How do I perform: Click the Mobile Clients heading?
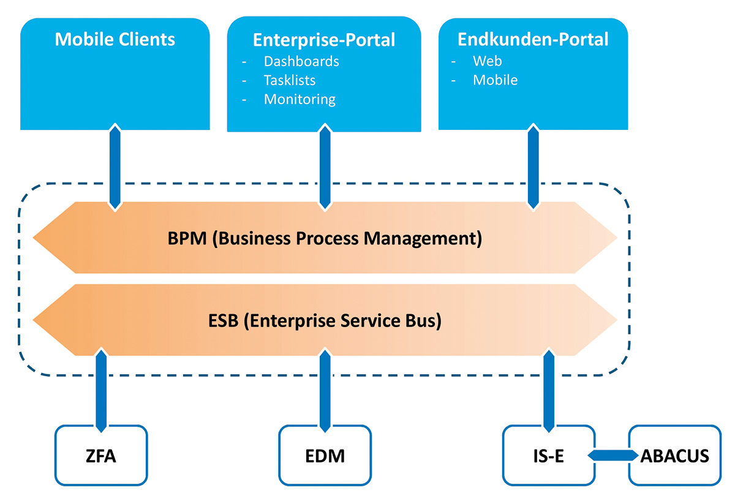click(x=115, y=39)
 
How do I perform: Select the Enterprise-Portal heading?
click(x=324, y=40)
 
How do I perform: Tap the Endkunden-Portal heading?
click(x=533, y=39)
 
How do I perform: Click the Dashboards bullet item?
click(x=301, y=61)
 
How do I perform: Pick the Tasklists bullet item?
click(x=289, y=80)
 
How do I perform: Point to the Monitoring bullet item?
click(x=300, y=99)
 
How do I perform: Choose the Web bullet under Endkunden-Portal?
click(x=488, y=61)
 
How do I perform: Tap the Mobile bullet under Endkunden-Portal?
click(x=495, y=80)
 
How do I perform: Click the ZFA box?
click(x=101, y=455)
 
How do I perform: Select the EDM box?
click(x=325, y=455)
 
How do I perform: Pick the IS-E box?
click(x=549, y=455)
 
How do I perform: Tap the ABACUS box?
click(x=674, y=455)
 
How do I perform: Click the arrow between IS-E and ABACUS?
click(x=613, y=455)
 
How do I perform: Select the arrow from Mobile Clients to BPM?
click(x=115, y=167)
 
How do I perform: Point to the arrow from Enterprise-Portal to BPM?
click(x=325, y=167)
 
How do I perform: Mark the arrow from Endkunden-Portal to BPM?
click(x=533, y=167)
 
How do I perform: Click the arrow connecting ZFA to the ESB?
click(x=101, y=390)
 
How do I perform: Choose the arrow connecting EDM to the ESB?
click(x=325, y=390)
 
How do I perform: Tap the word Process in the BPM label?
click(x=327, y=238)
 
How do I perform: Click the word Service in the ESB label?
click(x=371, y=320)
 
